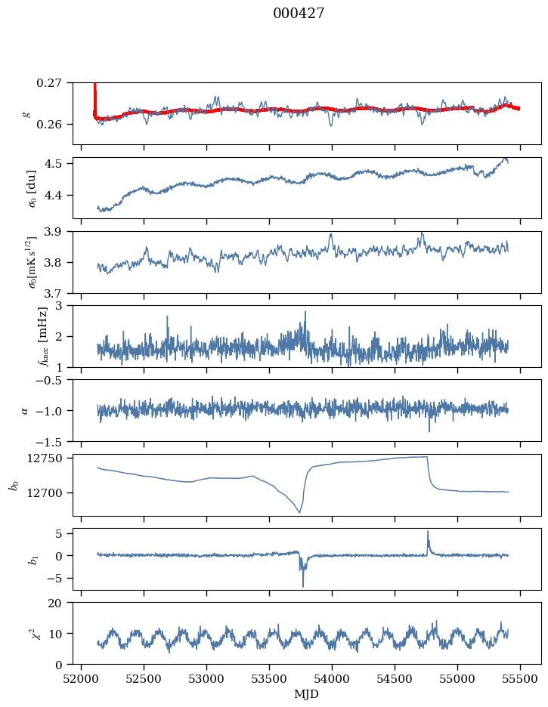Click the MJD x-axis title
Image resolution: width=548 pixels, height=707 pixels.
307,694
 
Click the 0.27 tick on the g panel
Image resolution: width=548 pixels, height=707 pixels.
54,82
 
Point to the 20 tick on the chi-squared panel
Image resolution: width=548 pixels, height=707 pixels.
60,603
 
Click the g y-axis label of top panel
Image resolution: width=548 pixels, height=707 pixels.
26,113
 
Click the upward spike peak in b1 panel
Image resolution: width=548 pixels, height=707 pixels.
428,531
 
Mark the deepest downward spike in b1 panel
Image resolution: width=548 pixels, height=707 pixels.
303,586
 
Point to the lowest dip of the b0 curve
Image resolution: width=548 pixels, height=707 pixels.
299,513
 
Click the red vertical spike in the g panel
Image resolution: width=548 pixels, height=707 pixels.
94,94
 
